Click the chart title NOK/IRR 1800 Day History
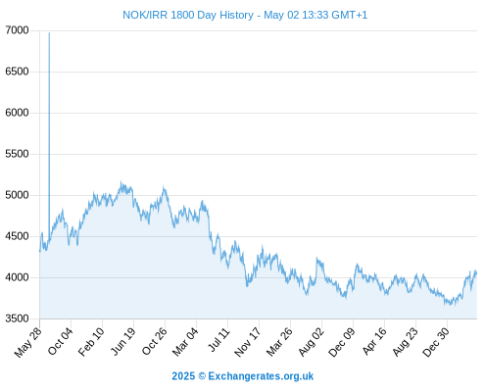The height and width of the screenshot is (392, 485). [x=188, y=15]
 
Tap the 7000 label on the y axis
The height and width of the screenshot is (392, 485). [x=17, y=30]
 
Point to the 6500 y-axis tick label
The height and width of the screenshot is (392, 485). [x=17, y=72]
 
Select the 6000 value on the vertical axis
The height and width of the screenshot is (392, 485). [x=17, y=113]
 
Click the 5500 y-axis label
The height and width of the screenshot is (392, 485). [x=17, y=154]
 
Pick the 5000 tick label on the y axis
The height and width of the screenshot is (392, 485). [x=17, y=195]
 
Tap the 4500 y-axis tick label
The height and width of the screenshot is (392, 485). [x=17, y=236]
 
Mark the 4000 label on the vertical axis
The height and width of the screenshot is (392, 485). [x=17, y=277]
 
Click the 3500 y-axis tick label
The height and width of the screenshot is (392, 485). [x=17, y=318]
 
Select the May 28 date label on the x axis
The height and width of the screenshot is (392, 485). [x=28, y=342]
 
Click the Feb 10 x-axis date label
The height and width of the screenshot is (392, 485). [x=91, y=342]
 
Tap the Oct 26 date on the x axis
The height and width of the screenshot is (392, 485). [x=154, y=341]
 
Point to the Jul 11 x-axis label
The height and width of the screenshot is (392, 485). [x=218, y=340]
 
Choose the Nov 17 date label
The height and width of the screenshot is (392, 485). [x=248, y=342]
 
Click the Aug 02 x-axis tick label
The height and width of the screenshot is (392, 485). [x=312, y=342]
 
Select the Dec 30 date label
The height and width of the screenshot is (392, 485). [x=436, y=342]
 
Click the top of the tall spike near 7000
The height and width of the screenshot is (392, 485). [x=49, y=32]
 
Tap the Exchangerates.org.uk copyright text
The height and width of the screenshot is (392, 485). [x=243, y=376]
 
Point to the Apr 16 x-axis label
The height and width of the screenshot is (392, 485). [x=374, y=341]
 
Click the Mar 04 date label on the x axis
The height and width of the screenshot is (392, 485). [x=185, y=342]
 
